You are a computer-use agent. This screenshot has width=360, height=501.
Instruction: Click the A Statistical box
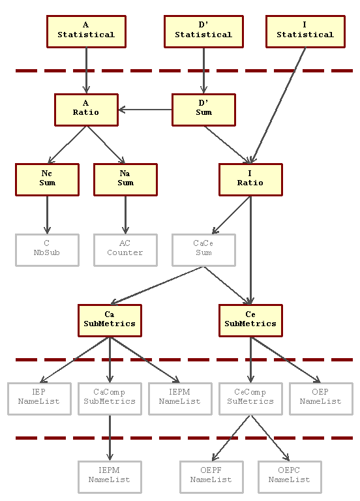pyautogui.click(x=86, y=31)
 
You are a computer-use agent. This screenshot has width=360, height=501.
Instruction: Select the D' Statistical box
pyautogui.click(x=203, y=31)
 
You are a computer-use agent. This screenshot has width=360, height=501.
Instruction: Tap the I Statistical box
pyautogui.click(x=305, y=31)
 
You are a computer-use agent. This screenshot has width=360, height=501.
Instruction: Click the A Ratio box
pyautogui.click(x=86, y=110)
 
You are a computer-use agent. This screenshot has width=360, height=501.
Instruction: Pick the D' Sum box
pyautogui.click(x=203, y=110)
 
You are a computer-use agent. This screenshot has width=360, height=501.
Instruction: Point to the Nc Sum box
pyautogui.click(x=47, y=180)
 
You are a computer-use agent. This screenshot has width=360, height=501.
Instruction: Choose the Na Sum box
pyautogui.click(x=125, y=180)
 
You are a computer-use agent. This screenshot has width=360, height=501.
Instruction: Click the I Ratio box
pyautogui.click(x=250, y=180)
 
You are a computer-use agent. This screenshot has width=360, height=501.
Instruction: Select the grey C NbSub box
pyautogui.click(x=47, y=250)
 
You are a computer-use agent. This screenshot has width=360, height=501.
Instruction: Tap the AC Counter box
pyautogui.click(x=125, y=250)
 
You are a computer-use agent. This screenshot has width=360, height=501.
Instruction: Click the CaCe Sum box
pyautogui.click(x=203, y=250)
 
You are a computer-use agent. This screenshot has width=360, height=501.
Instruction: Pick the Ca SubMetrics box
pyautogui.click(x=110, y=320)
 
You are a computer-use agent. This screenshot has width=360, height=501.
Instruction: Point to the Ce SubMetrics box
pyautogui.click(x=250, y=320)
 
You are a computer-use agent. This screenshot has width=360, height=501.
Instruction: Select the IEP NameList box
pyautogui.click(x=40, y=399)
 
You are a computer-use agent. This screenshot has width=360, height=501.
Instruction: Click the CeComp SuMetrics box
pyautogui.click(x=250, y=399)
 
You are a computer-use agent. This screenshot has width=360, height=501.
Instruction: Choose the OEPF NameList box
pyautogui.click(x=211, y=477)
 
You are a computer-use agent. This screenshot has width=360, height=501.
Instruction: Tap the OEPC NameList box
pyautogui.click(x=290, y=477)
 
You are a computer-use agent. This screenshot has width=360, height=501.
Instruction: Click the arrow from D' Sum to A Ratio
pyautogui.click(x=145, y=110)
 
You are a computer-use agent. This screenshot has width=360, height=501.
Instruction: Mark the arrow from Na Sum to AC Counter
pyautogui.click(x=125, y=215)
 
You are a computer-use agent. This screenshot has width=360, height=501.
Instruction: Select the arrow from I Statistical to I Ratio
pyautogui.click(x=278, y=106)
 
